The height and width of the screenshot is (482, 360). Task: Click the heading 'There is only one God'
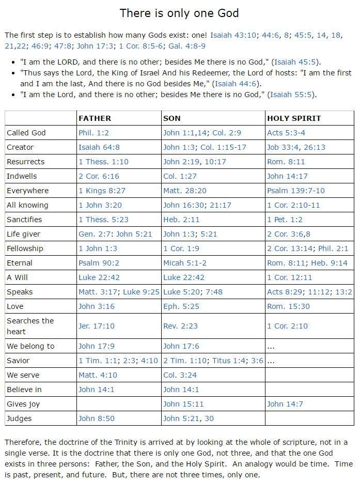[179, 13]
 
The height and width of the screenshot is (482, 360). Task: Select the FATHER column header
[95, 118]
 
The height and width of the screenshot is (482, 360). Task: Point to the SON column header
[172, 118]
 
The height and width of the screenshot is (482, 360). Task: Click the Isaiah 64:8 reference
[100, 147]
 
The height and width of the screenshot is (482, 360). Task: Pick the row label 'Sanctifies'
[24, 220]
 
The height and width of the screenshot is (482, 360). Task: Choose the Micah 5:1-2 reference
[184, 263]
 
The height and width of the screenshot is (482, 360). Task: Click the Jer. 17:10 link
[97, 326]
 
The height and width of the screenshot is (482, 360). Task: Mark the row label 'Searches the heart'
[30, 326]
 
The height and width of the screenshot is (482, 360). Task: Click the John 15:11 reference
[183, 404]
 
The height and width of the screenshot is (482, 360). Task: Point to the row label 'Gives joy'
[23, 404]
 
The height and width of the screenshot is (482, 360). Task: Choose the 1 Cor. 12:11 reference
[290, 277]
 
